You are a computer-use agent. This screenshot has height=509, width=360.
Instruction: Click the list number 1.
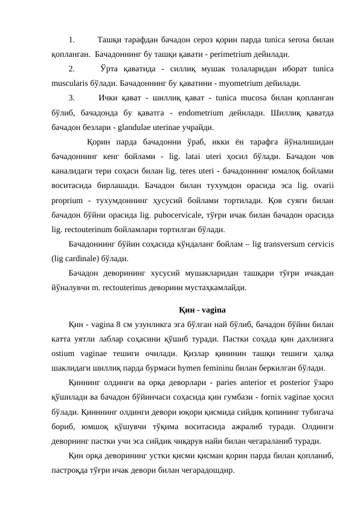(72, 40)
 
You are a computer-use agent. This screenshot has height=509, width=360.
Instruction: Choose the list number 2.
(72, 69)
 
